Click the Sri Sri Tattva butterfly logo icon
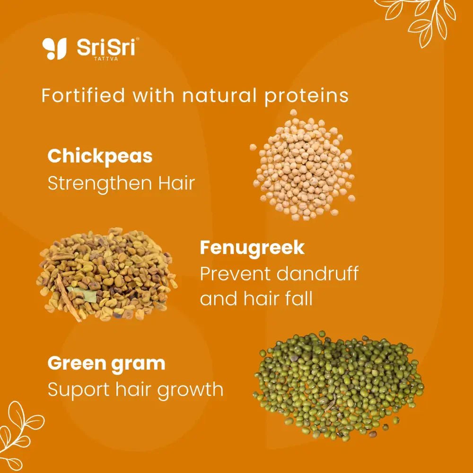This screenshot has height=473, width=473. (x=54, y=48)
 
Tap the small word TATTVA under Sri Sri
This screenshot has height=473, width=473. (x=106, y=59)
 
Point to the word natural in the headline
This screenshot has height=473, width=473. (x=219, y=96)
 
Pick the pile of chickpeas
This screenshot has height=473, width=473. (x=303, y=165)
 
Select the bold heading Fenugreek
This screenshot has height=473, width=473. (x=252, y=248)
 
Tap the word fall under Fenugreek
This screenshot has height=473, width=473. (x=299, y=298)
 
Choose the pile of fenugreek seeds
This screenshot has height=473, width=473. (x=106, y=274)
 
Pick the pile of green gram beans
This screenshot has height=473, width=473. (x=339, y=385)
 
